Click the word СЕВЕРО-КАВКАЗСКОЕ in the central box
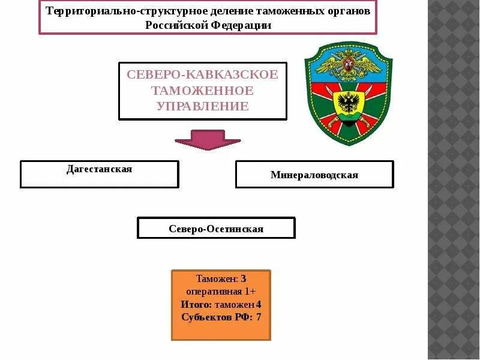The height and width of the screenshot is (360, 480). tap(202, 75)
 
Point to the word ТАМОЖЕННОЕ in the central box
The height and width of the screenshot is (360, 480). tap(202, 91)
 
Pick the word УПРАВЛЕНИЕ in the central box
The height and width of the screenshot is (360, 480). tap(202, 106)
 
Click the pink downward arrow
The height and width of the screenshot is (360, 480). tap(199, 139)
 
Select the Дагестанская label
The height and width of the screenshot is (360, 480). tap(99, 169)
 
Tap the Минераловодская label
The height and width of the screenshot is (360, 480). tap(314, 175)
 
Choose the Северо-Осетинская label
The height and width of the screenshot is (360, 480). tap(216, 229)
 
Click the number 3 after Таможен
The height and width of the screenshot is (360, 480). tap(244, 279)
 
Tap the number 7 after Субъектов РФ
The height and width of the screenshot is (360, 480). tap(259, 317)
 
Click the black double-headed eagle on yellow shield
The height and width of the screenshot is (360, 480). tap(348, 102)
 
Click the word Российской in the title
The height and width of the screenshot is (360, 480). tap(176, 25)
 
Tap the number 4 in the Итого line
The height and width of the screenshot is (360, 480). tap(259, 304)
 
